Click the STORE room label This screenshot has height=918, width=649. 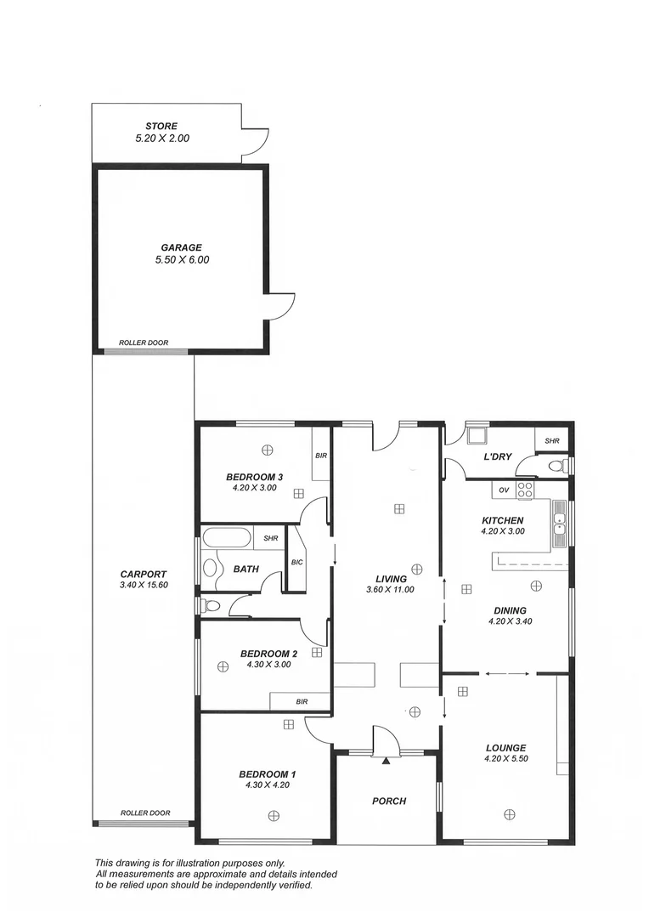tap(161, 127)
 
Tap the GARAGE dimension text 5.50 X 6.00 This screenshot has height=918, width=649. tap(182, 260)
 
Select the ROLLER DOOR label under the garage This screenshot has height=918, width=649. tap(144, 343)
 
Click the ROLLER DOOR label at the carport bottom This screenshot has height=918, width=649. tap(145, 813)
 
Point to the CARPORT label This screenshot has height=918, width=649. tap(144, 574)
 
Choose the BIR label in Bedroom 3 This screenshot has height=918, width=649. tap(320, 456)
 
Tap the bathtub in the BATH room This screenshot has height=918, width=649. tap(227, 539)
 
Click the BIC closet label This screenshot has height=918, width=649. tap(296, 562)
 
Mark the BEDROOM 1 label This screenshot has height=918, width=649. tap(267, 773)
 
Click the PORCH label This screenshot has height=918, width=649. tap(389, 801)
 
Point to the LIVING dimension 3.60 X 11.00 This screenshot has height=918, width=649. tap(391, 590)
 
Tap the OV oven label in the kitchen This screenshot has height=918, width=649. tap(504, 490)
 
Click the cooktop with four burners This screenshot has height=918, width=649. tap(526, 490)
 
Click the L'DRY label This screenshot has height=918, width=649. tap(498, 457)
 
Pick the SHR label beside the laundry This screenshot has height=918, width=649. tap(552, 441)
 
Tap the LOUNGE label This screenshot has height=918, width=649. tap(506, 748)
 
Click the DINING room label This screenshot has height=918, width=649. tap(508, 610)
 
